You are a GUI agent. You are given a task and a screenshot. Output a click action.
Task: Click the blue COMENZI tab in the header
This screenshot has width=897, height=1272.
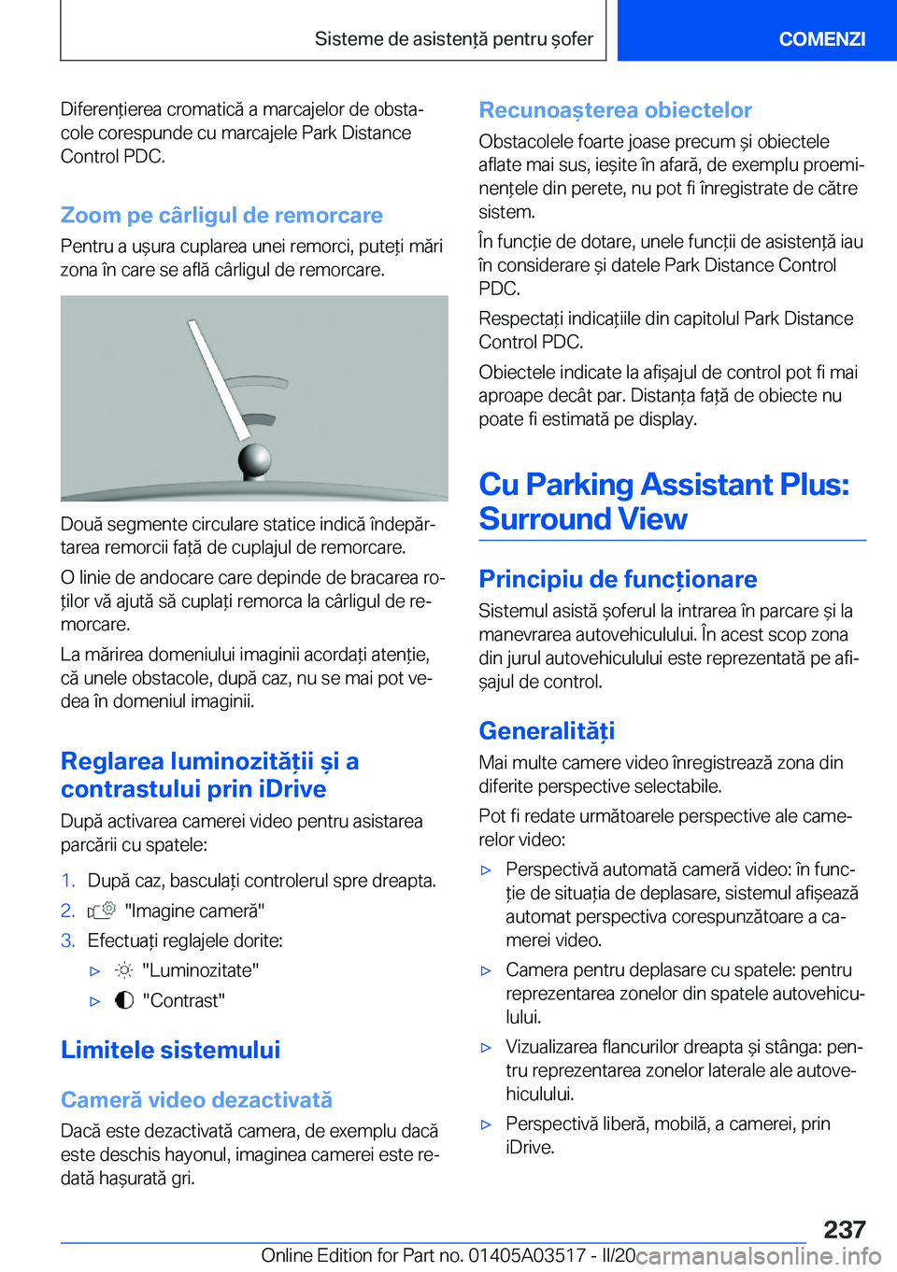[x=821, y=38]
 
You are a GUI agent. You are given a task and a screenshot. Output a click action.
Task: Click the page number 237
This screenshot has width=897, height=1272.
[x=845, y=1229]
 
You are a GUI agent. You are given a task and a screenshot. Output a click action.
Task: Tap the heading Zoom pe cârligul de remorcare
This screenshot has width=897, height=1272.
[x=221, y=215]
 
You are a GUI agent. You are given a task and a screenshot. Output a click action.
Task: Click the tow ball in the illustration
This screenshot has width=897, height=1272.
[x=254, y=459]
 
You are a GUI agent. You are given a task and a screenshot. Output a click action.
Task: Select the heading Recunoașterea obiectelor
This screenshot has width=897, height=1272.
[x=615, y=110]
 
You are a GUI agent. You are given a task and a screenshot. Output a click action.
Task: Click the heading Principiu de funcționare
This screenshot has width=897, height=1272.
[x=618, y=579]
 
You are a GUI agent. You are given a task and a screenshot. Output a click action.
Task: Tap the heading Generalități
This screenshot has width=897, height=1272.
[x=547, y=730]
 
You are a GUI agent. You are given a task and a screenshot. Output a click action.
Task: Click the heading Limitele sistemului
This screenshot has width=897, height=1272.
[x=170, y=1050]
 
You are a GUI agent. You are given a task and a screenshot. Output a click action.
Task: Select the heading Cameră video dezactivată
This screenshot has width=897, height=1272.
[x=196, y=1099]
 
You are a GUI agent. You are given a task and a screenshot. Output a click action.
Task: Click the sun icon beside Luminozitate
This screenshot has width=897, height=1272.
[x=124, y=970]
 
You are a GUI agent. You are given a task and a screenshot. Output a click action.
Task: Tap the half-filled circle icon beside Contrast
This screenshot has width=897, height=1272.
[x=124, y=1000]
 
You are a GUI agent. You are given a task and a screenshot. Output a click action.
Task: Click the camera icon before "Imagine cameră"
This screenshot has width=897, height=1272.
[x=101, y=911]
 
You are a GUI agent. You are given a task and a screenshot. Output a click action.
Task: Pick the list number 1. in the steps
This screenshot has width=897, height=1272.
[x=68, y=881]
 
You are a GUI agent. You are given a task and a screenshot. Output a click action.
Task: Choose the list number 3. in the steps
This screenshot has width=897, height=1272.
[x=68, y=940]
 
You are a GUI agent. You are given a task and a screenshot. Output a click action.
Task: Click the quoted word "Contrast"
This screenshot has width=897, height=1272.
[x=184, y=1001]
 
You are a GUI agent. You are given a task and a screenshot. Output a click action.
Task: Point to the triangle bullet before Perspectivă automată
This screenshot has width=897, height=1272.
[x=486, y=870]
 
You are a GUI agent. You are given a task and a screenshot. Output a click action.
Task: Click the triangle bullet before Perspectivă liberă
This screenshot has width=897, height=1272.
[x=486, y=1124]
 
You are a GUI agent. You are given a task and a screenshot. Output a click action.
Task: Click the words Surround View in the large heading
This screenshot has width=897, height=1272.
[x=583, y=519]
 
